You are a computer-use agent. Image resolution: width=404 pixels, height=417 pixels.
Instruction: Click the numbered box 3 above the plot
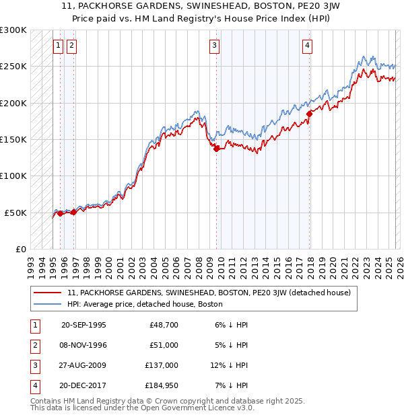click(x=214, y=46)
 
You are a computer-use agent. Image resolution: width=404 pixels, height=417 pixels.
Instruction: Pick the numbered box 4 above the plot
click(x=307, y=46)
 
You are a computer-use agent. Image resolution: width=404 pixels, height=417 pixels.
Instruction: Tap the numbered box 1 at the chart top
click(x=58, y=46)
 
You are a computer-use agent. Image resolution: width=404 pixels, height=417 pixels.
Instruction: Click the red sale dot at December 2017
click(x=310, y=114)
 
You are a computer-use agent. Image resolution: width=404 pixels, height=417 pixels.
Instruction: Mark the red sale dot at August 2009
click(x=216, y=149)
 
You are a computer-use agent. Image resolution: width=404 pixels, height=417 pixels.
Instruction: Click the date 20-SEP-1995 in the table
click(x=83, y=324)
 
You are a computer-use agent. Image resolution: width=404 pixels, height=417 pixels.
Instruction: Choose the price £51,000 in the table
click(x=164, y=344)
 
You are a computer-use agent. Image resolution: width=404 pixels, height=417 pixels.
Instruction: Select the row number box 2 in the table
click(x=34, y=344)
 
